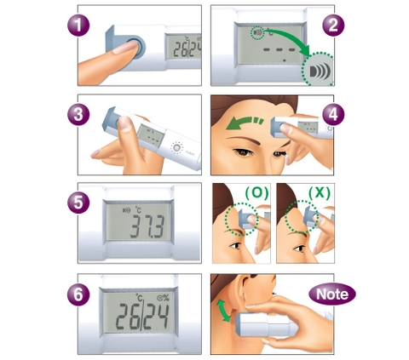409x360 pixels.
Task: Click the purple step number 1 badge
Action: click(x=78, y=25)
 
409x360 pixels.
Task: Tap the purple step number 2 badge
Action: click(x=333, y=25)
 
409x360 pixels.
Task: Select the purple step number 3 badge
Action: click(x=78, y=114)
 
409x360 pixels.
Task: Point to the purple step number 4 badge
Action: click(x=333, y=114)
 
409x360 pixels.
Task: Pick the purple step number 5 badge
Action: click(x=78, y=203)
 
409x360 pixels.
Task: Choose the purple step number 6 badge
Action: click(x=78, y=294)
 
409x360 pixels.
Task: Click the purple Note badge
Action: click(x=332, y=294)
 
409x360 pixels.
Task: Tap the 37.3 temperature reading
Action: click(x=147, y=226)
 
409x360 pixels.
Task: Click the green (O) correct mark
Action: click(x=256, y=193)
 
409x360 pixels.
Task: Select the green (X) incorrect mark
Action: click(x=320, y=193)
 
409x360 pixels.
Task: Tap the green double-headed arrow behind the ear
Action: click(x=223, y=311)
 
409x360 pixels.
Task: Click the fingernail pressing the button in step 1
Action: click(x=124, y=48)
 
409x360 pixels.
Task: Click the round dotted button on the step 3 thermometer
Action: click(x=176, y=147)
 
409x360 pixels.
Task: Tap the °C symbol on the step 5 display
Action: click(x=138, y=209)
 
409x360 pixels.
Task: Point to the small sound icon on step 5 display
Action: click(x=126, y=210)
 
